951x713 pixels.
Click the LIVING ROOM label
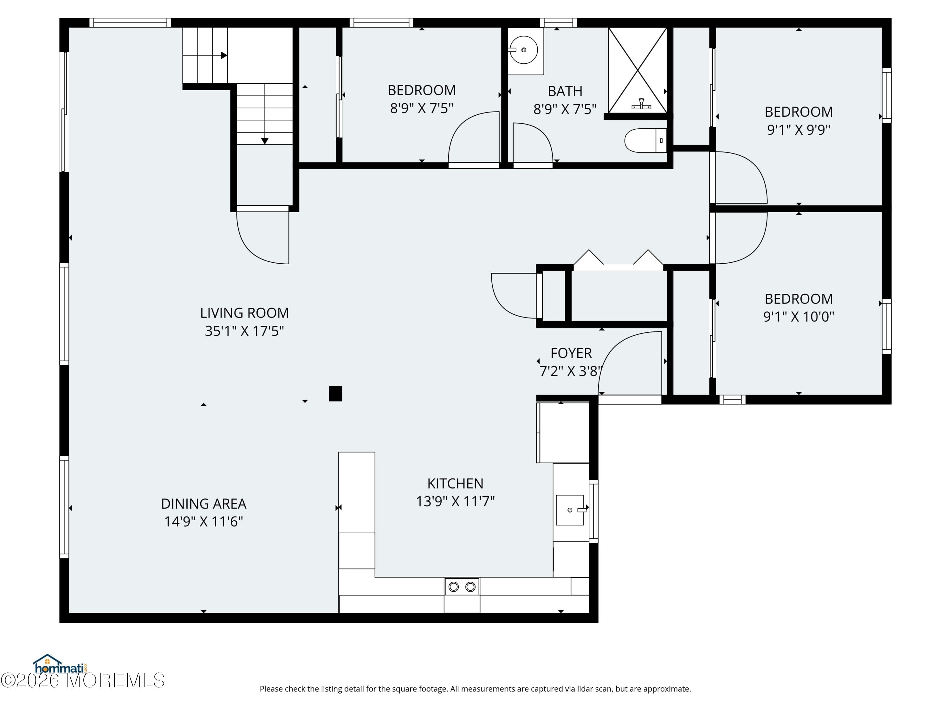244,313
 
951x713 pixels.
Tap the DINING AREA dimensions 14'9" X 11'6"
204,522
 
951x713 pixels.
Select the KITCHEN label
455,484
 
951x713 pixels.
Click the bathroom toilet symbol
644,140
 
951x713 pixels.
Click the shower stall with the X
637,70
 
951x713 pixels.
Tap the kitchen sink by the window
570,510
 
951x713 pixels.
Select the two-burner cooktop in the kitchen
462,587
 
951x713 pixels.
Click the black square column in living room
335,394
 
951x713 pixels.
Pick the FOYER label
571,353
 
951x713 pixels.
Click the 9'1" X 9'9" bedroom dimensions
799,130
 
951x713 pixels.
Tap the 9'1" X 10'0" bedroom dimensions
799,317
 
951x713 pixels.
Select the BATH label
565,91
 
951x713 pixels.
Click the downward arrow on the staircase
265,140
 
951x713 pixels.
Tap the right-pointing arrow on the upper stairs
223,55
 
